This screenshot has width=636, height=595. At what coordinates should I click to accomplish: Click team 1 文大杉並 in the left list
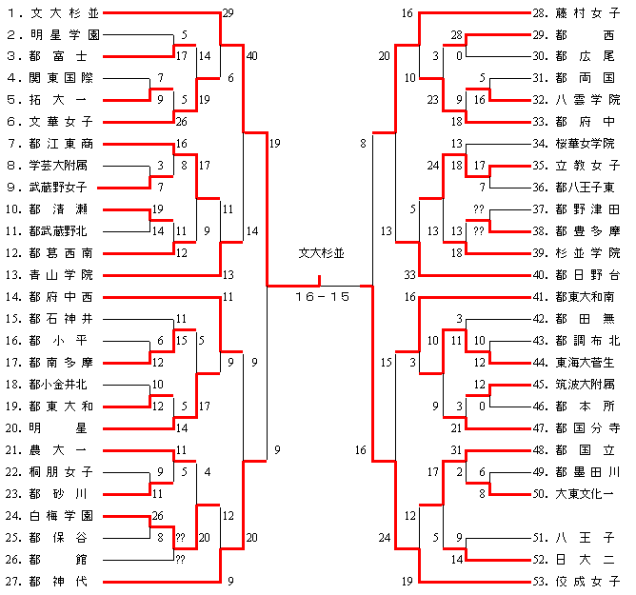tap(51, 13)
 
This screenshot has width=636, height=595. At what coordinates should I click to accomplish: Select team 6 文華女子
tap(51, 122)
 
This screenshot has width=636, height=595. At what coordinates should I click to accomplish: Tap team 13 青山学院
tap(51, 274)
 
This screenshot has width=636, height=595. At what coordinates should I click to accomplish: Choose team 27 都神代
tap(51, 581)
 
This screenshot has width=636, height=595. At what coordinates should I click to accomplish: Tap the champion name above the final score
tap(322, 254)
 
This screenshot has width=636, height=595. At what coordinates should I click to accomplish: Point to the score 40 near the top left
tap(251, 56)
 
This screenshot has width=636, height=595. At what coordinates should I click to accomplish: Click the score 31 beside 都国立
tap(456, 450)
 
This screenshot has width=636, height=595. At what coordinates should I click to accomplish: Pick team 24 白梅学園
tap(51, 515)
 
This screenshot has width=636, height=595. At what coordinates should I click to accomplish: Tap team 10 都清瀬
tap(51, 209)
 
